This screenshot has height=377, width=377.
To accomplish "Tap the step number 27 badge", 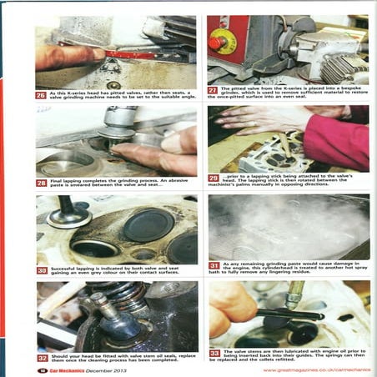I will tap(214, 89).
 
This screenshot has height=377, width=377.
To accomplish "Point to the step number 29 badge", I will tap(214, 178).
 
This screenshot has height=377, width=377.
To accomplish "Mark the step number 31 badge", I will tap(214, 264).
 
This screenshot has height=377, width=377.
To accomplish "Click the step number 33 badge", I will tap(214, 353).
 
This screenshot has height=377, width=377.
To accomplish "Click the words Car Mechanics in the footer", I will tap(65, 369).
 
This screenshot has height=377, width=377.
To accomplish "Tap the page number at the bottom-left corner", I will tap(42, 369).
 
